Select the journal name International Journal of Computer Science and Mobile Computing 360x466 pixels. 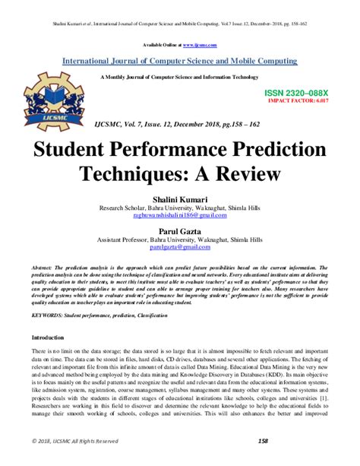point(180,60)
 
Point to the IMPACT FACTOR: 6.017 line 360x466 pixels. point(301,99)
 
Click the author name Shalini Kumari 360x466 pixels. point(180,198)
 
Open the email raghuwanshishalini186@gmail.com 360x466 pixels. point(180,216)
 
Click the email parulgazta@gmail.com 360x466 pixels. point(180,248)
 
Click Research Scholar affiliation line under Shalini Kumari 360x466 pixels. point(180,208)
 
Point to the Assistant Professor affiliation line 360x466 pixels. point(180,239)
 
